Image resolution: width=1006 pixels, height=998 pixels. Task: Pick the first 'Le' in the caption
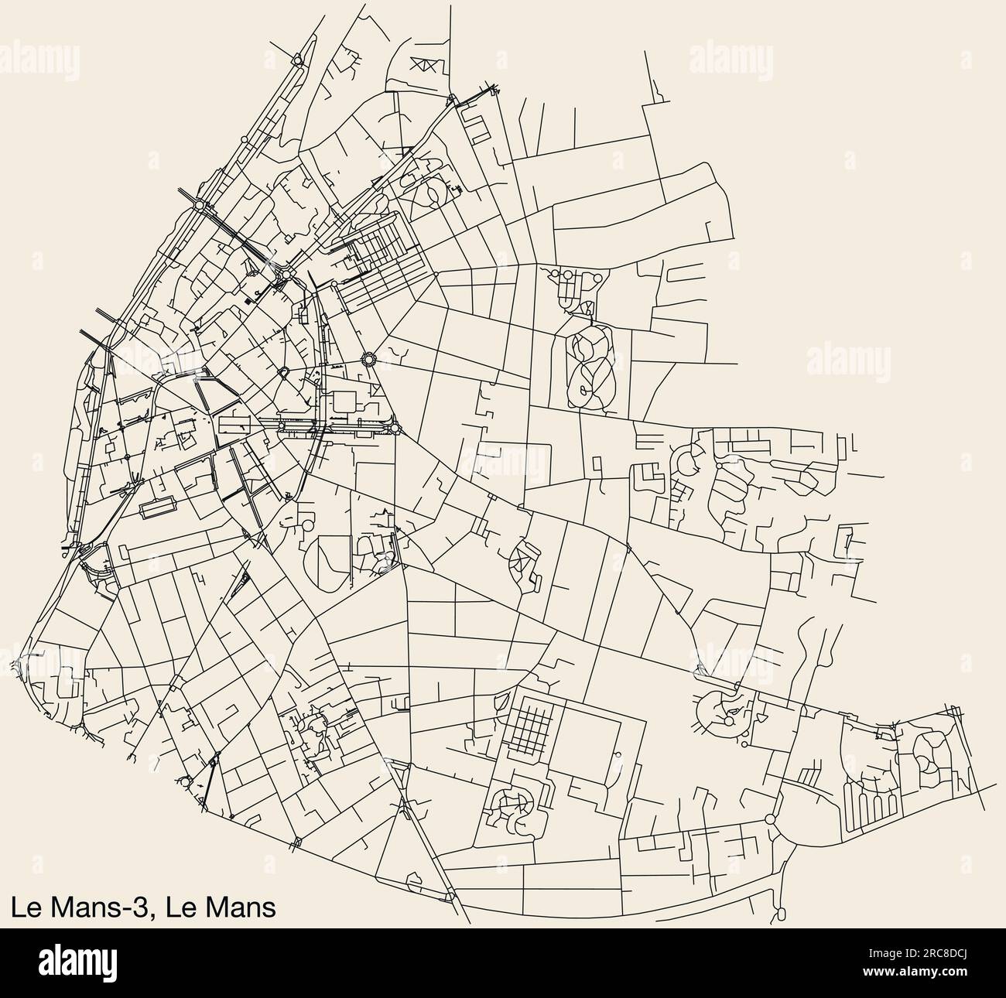point(23,906)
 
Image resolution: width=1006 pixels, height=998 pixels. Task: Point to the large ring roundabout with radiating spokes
point(369,359)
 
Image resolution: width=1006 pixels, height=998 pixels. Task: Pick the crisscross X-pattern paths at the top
point(425,67)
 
